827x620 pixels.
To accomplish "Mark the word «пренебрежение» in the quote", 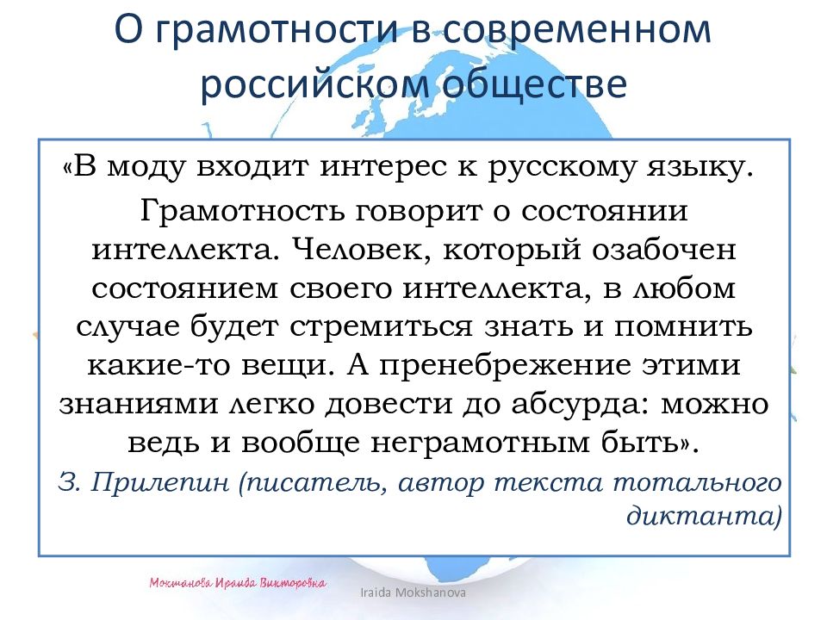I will click(x=512, y=365).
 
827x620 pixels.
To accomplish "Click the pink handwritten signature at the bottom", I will click(x=238, y=583).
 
